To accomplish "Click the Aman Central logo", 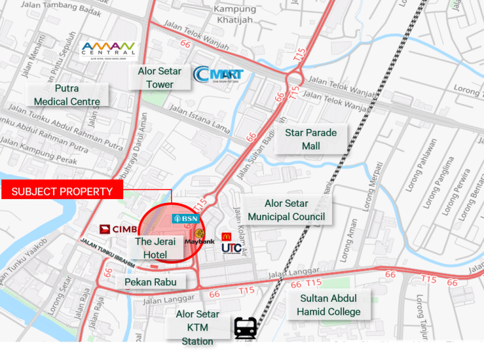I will (x=108, y=50).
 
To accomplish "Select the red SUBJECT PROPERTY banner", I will (x=62, y=191).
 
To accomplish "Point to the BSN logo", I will (x=186, y=218).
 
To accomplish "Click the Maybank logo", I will (x=198, y=238).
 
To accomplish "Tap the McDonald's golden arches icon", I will (x=226, y=236).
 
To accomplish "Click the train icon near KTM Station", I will (x=246, y=329).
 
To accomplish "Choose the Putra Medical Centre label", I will (x=67, y=95).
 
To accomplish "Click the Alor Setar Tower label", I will (x=160, y=77).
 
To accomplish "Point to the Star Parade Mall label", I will (x=312, y=139).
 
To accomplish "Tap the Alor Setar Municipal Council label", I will (x=287, y=210).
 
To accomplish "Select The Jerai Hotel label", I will (x=151, y=248).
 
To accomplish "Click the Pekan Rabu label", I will (x=151, y=281).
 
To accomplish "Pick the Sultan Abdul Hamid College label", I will (x=328, y=305).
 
